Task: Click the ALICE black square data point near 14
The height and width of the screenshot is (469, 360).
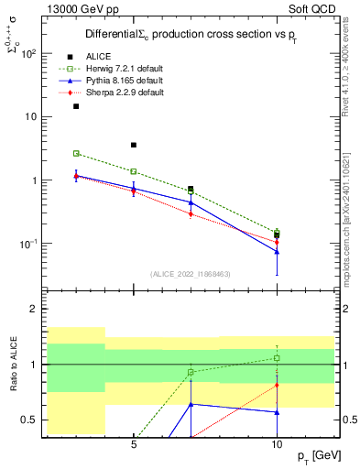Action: click(76, 106)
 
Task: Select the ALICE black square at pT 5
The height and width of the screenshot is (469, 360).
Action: click(134, 145)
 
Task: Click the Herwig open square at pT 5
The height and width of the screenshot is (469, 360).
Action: click(134, 171)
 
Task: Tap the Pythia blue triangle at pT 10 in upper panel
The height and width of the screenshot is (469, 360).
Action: click(277, 251)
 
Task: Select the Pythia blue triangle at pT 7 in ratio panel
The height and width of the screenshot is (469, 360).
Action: click(191, 404)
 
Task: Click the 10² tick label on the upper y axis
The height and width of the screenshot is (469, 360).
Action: click(28, 53)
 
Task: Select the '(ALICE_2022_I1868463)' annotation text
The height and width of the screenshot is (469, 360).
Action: click(190, 274)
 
